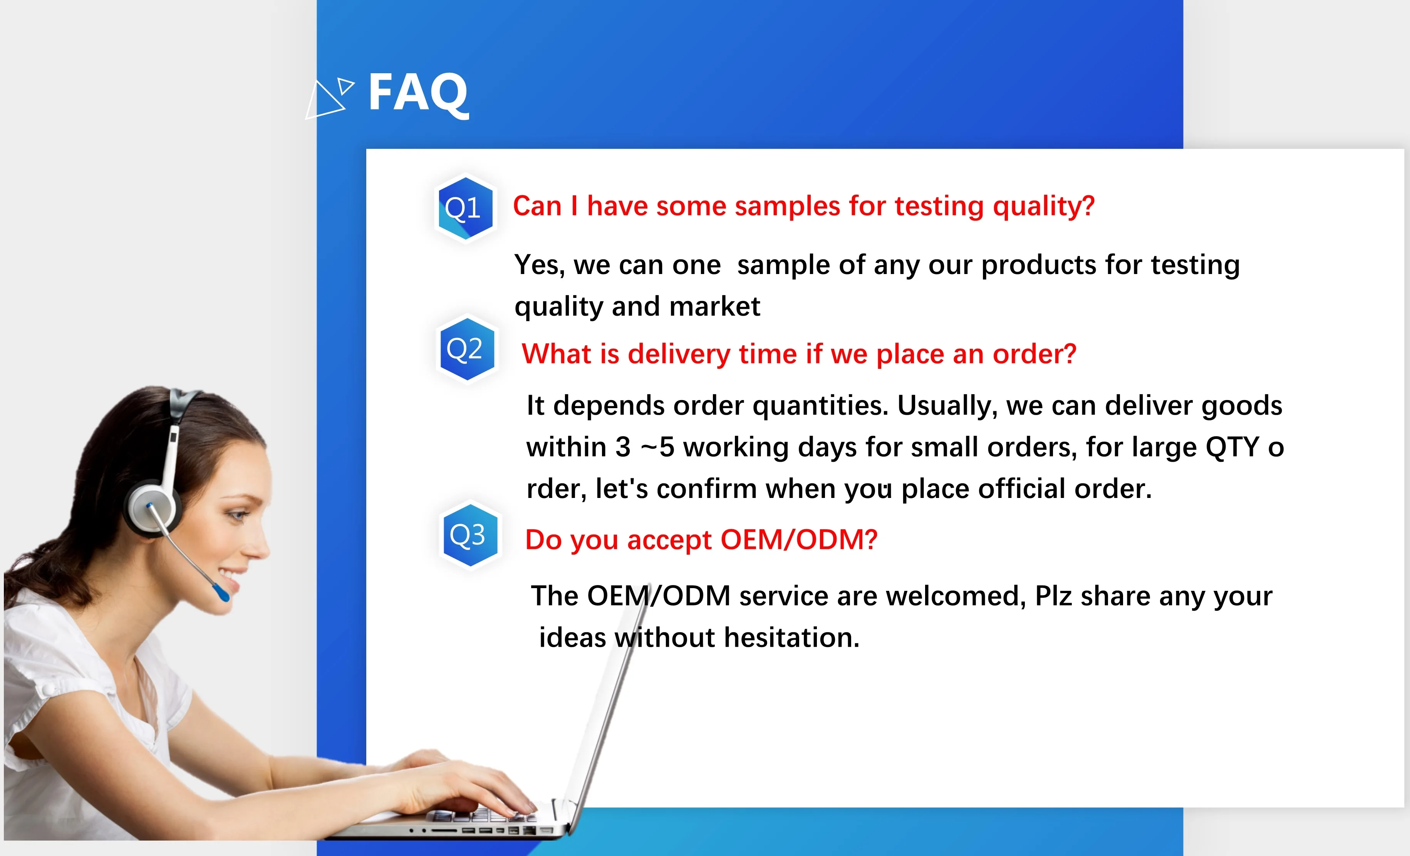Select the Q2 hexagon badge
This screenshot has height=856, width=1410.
467,349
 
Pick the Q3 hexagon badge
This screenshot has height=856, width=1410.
470,535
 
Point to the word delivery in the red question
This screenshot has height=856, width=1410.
679,354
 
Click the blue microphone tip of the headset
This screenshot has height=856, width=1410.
221,593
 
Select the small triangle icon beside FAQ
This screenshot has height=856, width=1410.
345,86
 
